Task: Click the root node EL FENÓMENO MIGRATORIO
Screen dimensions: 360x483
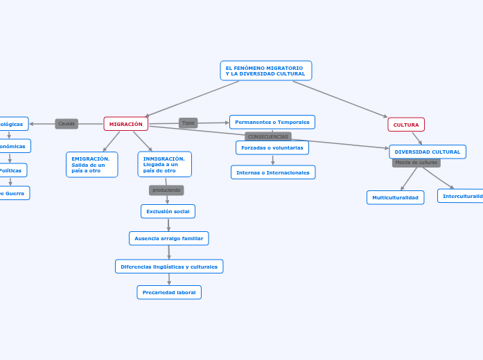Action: (x=266, y=71)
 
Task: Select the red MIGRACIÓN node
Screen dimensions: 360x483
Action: (x=125, y=124)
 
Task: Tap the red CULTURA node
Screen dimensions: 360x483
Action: (x=406, y=125)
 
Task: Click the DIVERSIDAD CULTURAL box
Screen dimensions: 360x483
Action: (x=427, y=152)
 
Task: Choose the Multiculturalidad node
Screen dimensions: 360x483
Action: (x=395, y=197)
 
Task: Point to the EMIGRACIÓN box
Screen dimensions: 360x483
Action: (x=91, y=165)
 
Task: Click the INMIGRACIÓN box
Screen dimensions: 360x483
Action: (x=164, y=164)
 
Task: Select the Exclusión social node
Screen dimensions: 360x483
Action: (x=168, y=211)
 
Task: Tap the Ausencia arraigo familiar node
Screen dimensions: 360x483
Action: (x=168, y=238)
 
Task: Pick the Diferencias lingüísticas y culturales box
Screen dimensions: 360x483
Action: (x=169, y=267)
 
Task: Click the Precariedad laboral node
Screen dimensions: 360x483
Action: (x=169, y=292)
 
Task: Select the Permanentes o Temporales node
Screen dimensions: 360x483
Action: (x=272, y=122)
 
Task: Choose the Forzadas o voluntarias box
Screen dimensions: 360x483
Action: (x=272, y=147)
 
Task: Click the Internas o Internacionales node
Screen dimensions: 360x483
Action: (x=273, y=172)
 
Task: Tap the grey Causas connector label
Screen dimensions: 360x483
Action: (x=67, y=124)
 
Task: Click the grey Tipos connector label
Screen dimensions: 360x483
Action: (x=188, y=123)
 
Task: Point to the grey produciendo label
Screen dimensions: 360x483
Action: (x=166, y=190)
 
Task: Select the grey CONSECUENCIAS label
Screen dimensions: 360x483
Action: (x=268, y=136)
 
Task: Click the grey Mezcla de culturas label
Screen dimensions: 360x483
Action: (x=416, y=163)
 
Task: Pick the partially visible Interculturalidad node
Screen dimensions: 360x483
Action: (x=462, y=196)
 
